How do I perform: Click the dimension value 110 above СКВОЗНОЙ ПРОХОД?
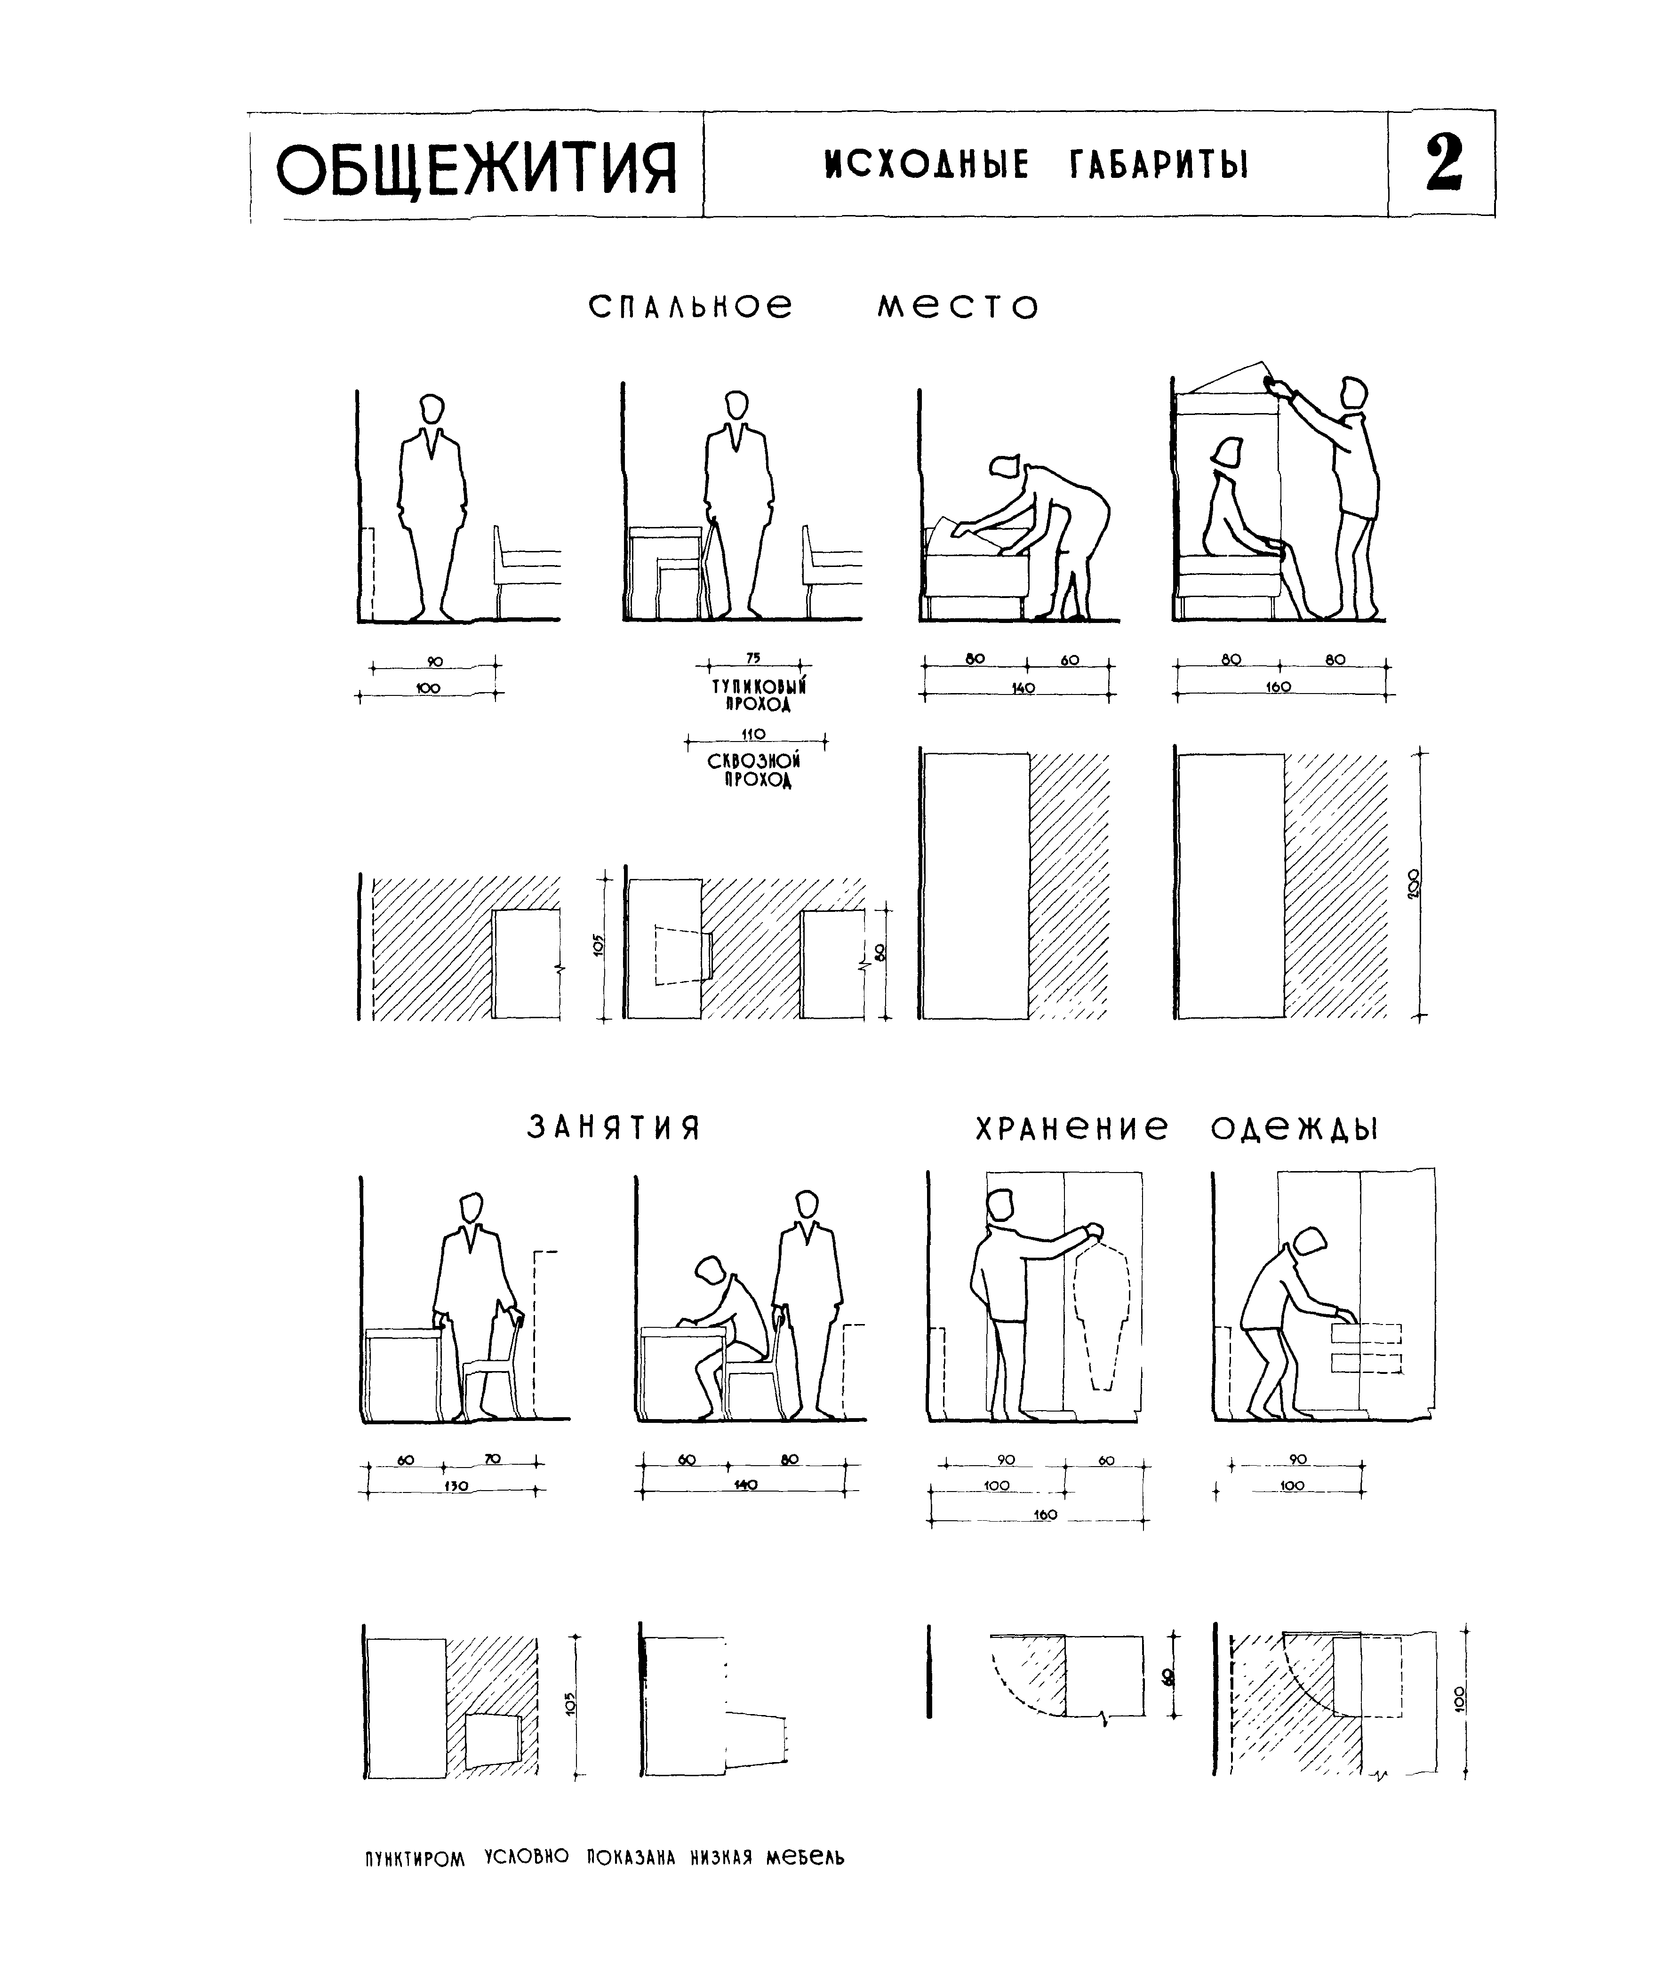coord(754,733)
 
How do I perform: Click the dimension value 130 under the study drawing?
coord(456,1486)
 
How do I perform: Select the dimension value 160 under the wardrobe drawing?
coord(1045,1515)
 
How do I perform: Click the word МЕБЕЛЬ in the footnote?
coord(806,1856)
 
